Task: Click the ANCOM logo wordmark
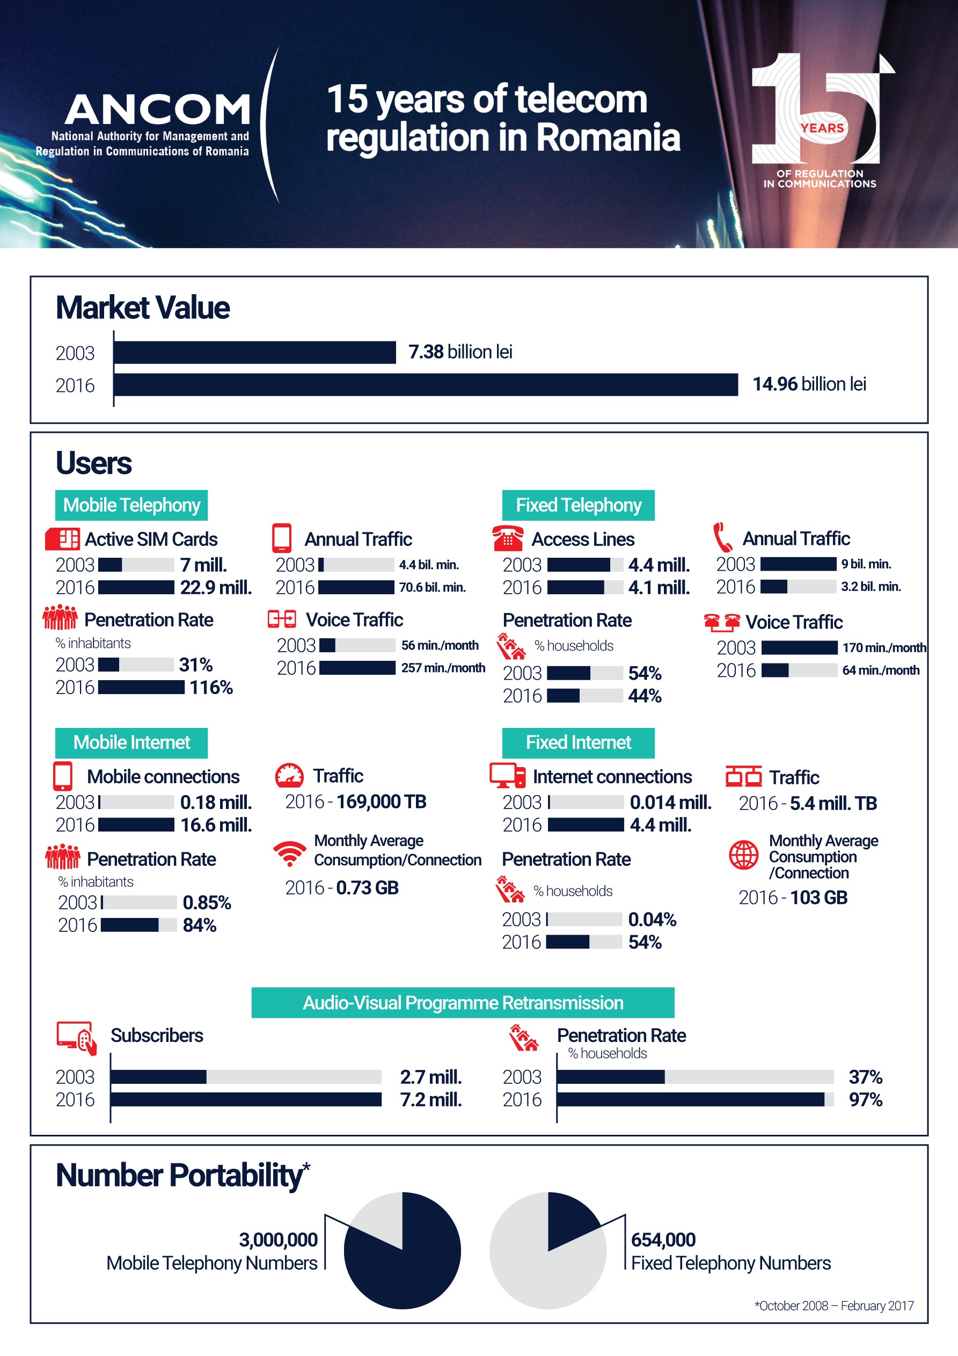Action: [x=158, y=110]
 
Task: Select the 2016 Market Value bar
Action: [x=425, y=384]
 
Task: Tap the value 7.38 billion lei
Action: [x=459, y=352]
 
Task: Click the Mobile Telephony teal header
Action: [x=131, y=505]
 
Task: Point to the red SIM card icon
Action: [x=62, y=538]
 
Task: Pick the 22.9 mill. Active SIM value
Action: [x=216, y=588]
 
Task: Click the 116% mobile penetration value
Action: [x=211, y=688]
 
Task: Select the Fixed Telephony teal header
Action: [x=578, y=505]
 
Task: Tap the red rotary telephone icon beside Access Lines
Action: [x=507, y=538]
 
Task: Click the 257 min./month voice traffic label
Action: [x=443, y=668]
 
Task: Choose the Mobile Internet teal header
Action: [x=131, y=742]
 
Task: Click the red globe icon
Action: [x=744, y=855]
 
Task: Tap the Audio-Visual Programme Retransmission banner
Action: [x=463, y=1002]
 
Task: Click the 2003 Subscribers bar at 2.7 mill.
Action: [x=158, y=1077]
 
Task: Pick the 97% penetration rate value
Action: [x=865, y=1100]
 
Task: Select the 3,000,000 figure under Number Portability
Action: [x=278, y=1240]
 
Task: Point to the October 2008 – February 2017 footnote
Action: [x=834, y=1306]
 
